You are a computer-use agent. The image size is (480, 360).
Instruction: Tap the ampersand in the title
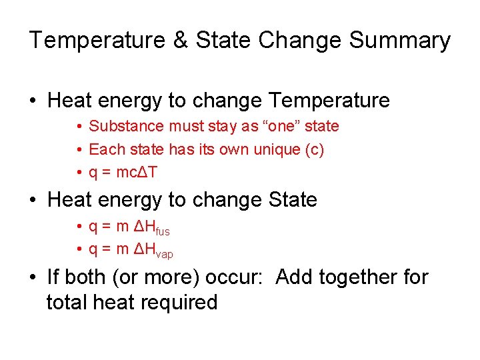click(x=180, y=41)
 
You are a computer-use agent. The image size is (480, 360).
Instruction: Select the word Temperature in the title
click(x=97, y=41)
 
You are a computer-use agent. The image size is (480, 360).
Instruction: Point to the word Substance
click(x=126, y=126)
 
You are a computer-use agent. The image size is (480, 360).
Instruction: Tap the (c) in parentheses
click(x=313, y=149)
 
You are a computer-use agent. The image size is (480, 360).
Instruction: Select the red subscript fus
click(x=162, y=231)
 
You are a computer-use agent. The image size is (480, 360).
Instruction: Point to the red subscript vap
click(x=164, y=254)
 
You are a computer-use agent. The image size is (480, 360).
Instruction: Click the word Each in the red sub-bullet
click(x=102, y=149)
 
